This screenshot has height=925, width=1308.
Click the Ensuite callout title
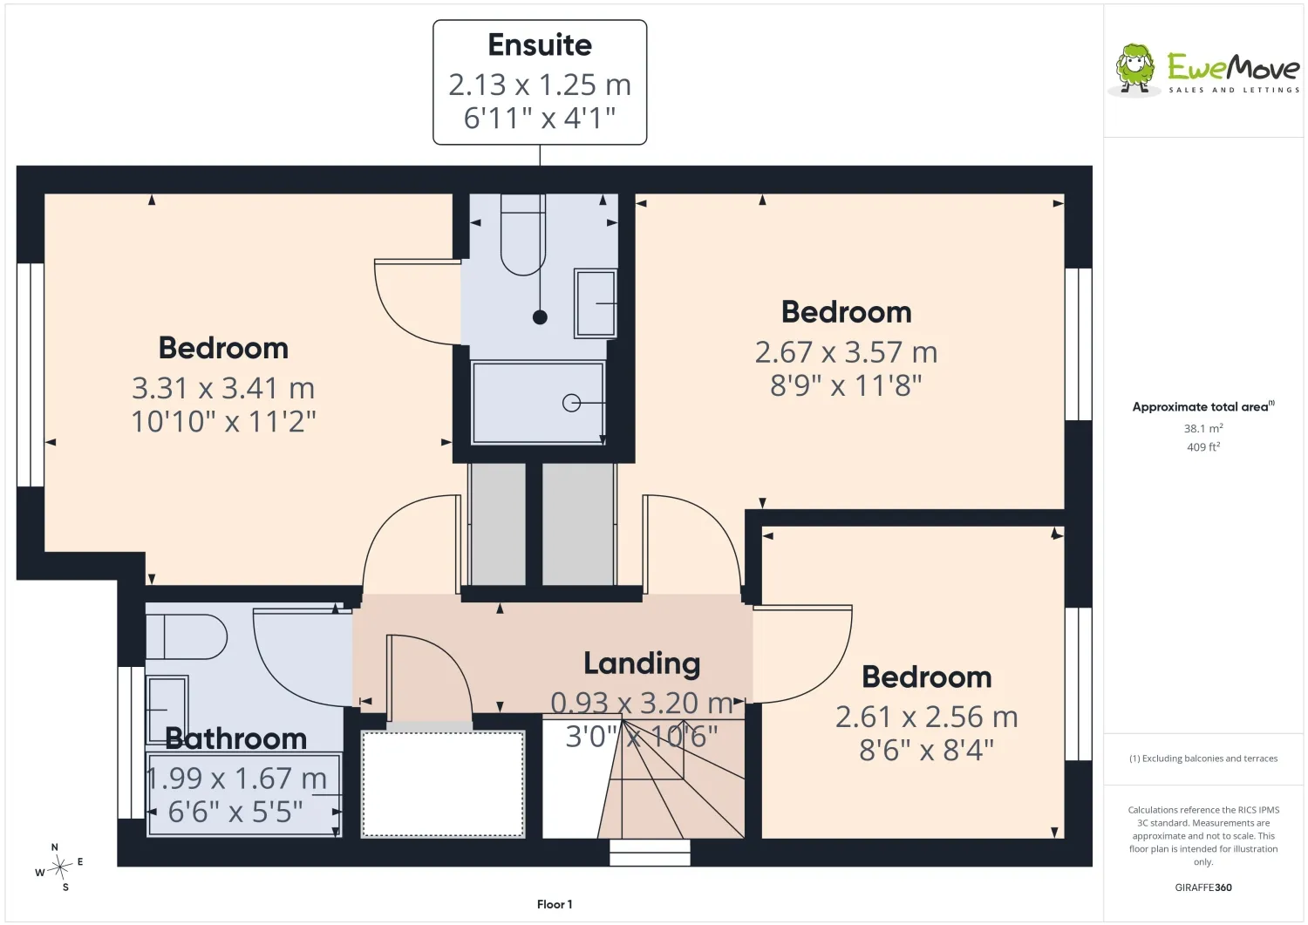coord(540,45)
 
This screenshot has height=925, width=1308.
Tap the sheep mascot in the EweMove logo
coord(1134,69)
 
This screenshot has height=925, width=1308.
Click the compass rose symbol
coord(59,867)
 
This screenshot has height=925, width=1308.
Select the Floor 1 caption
coord(555,904)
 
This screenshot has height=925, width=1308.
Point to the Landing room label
coord(642,663)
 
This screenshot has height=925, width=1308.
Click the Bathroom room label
coord(236,738)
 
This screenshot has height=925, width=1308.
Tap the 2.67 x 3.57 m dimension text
coord(846,352)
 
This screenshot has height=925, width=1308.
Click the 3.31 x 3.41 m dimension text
coord(223,388)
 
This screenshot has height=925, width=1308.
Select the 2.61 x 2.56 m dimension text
coord(927,718)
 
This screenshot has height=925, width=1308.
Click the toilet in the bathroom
coord(187,636)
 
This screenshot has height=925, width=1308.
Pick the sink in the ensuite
coord(596,303)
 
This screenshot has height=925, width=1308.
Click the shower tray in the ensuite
coord(538,403)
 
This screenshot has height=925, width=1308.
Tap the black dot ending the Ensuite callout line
coord(540,317)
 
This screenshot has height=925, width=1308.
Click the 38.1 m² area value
coord(1203,428)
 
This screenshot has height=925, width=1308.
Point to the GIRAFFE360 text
coord(1203,888)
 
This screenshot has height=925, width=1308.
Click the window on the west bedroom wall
coord(31,375)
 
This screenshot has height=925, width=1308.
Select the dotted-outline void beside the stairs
coord(443,785)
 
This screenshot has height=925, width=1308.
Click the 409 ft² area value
coord(1203,446)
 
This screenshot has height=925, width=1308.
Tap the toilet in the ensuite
coord(523,235)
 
